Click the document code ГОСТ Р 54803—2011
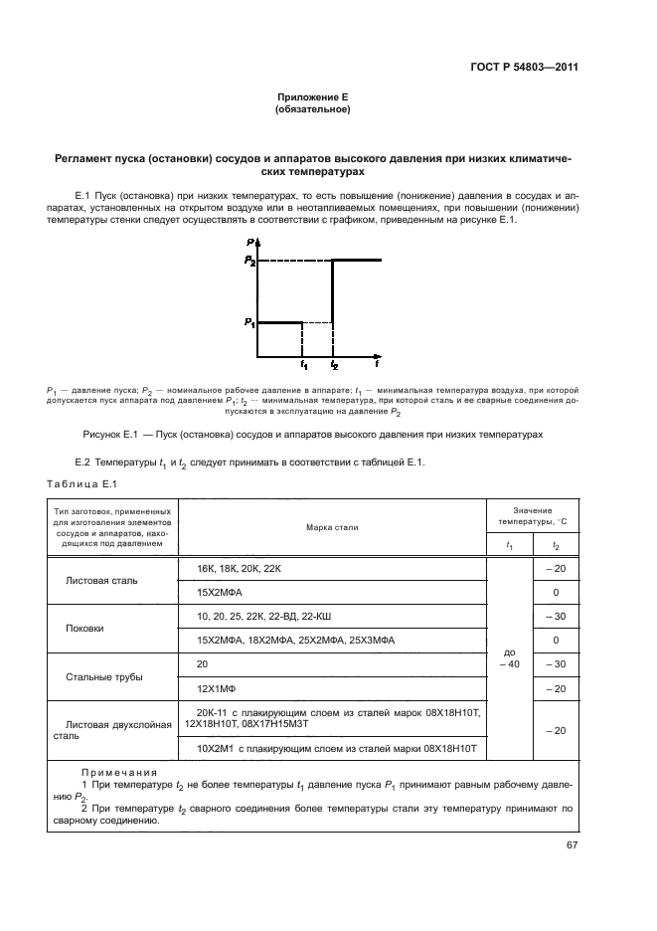pyautogui.click(x=525, y=68)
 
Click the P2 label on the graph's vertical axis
pyautogui.click(x=250, y=261)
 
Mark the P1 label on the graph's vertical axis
pyautogui.click(x=249, y=322)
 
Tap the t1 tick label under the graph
pyautogui.click(x=304, y=366)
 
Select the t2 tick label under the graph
pyautogui.click(x=334, y=366)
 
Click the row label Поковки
pyautogui.click(x=84, y=629)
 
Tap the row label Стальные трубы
pyautogui.click(x=103, y=677)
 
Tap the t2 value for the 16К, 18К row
pyautogui.click(x=556, y=567)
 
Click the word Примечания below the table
pyautogui.click(x=112, y=771)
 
